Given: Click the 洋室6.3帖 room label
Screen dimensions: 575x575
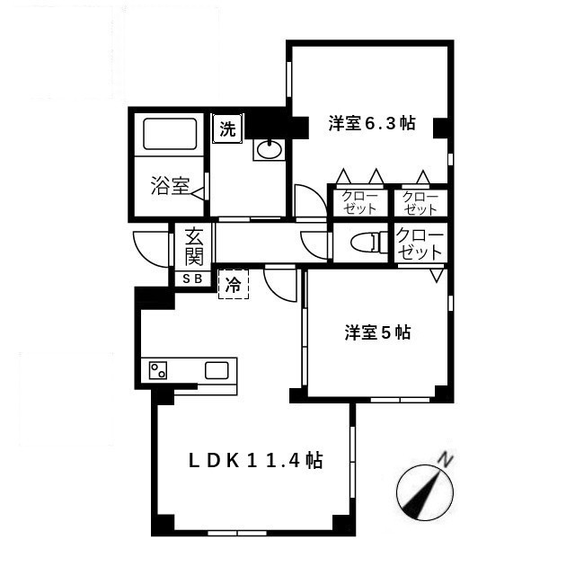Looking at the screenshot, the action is (372, 123).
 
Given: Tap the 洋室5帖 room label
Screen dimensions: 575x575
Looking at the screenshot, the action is (377, 332).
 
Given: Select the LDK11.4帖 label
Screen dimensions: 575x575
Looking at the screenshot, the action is (255, 461).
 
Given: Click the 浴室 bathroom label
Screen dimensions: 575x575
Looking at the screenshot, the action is (170, 186).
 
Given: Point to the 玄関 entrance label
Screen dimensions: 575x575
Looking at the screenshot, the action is (194, 245).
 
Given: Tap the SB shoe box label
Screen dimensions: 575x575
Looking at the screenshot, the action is (192, 279).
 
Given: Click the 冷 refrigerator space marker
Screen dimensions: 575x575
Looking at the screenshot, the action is (234, 284).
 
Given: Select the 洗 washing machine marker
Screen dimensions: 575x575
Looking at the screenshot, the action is (227, 128).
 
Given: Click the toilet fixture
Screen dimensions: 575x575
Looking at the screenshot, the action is (369, 243).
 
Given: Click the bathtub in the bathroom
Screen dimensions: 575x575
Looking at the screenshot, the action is (170, 134).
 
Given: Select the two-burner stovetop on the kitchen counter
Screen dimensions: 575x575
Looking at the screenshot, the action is (158, 370).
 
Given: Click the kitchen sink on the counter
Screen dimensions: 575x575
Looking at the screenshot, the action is (217, 370).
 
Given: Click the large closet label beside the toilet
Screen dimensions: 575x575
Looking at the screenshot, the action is (420, 243).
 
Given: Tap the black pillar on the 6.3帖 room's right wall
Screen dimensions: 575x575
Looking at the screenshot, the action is (441, 128).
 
